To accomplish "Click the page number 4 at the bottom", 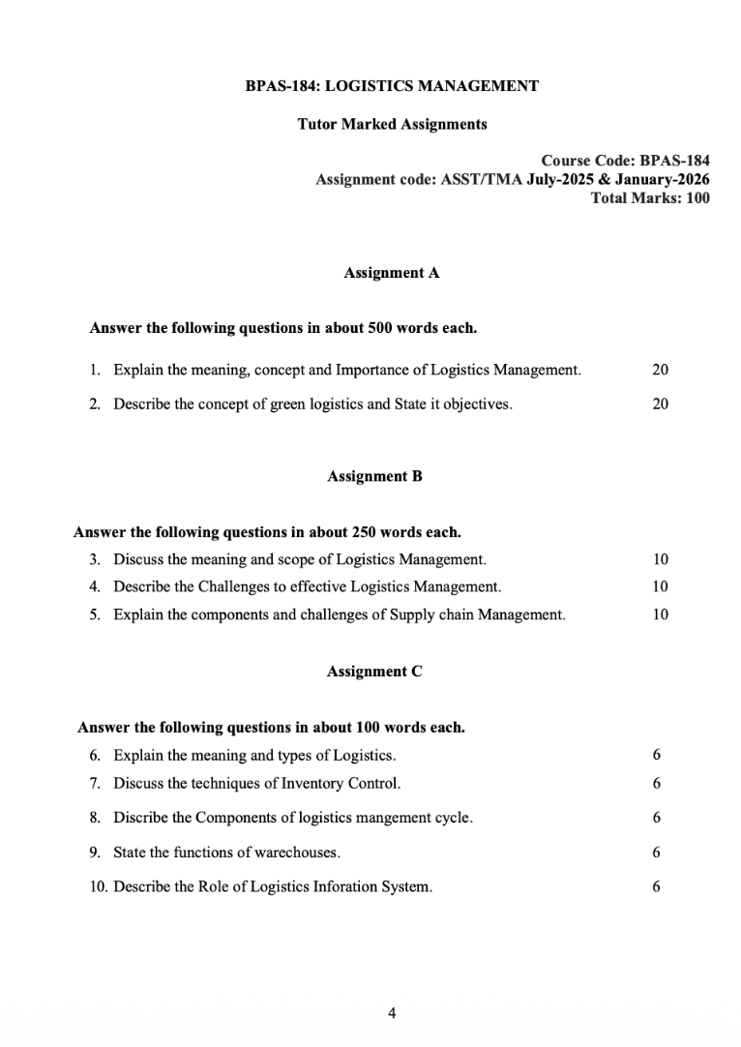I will [x=391, y=1013].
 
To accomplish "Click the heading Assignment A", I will [x=392, y=273].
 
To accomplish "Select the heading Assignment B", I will [x=374, y=476].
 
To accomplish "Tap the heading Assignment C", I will [x=374, y=671].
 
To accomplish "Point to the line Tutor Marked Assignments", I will [x=392, y=124].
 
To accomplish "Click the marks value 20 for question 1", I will [x=660, y=370].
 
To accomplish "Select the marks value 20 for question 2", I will [x=660, y=404].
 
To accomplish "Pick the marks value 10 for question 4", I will [x=660, y=586].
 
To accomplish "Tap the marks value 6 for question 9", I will [x=656, y=853].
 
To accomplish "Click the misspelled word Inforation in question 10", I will [x=347, y=886].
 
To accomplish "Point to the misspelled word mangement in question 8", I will [x=381, y=818].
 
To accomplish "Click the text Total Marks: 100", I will [x=649, y=198].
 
